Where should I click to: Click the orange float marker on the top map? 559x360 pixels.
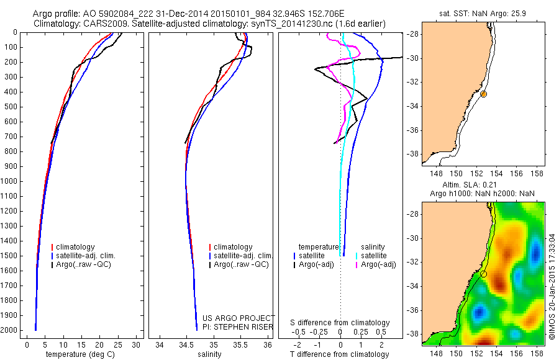pos(483,94)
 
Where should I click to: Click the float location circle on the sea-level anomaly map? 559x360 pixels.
pos(483,274)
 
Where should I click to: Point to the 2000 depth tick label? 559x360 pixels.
pos(11,330)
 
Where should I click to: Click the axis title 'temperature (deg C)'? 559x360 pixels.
pos(81,354)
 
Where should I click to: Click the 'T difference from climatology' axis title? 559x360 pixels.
pos(340,354)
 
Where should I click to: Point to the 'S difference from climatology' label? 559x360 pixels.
pos(340,323)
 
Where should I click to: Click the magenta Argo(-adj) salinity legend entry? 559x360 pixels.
pos(378,264)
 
